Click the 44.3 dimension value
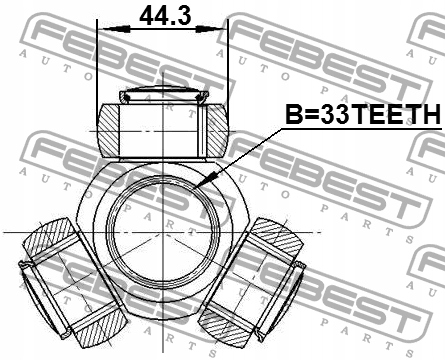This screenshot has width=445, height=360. tap(165, 16)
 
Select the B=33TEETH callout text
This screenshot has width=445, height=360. tap(363, 114)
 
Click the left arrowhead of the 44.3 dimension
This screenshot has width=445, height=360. tap(117, 29)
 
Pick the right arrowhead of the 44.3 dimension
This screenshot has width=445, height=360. tap(209, 29)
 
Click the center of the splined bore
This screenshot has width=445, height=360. tap(163, 231)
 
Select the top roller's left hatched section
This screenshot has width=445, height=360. tap(108, 130)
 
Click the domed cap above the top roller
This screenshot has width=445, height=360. tap(164, 92)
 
